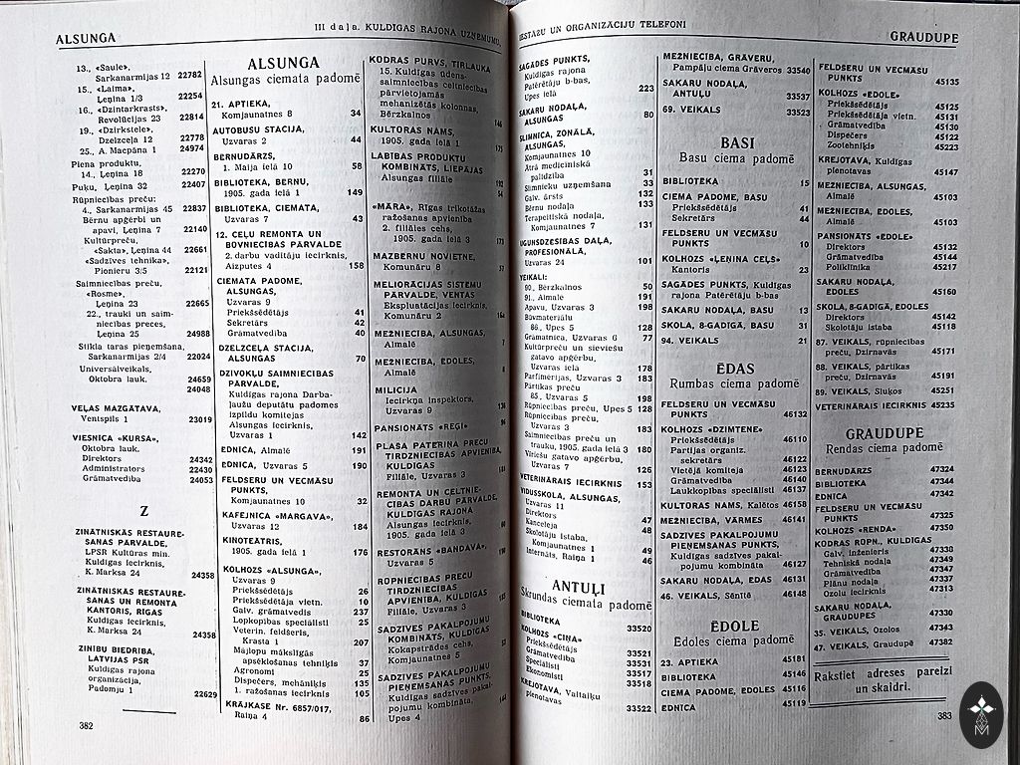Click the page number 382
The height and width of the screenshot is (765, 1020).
87,725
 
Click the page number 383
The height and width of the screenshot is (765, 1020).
944,715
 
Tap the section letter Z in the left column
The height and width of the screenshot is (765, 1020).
143,512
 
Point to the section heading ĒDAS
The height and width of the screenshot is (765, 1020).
735,368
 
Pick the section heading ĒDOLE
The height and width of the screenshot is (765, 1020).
737,626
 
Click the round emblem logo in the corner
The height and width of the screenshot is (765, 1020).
982,714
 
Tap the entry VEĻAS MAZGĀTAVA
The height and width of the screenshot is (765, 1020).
114,407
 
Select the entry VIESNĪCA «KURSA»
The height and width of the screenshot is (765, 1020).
116,438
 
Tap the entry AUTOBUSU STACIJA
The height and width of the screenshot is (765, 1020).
258,129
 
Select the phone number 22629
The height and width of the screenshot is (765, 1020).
205,693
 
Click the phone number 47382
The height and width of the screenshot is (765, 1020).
941,642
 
